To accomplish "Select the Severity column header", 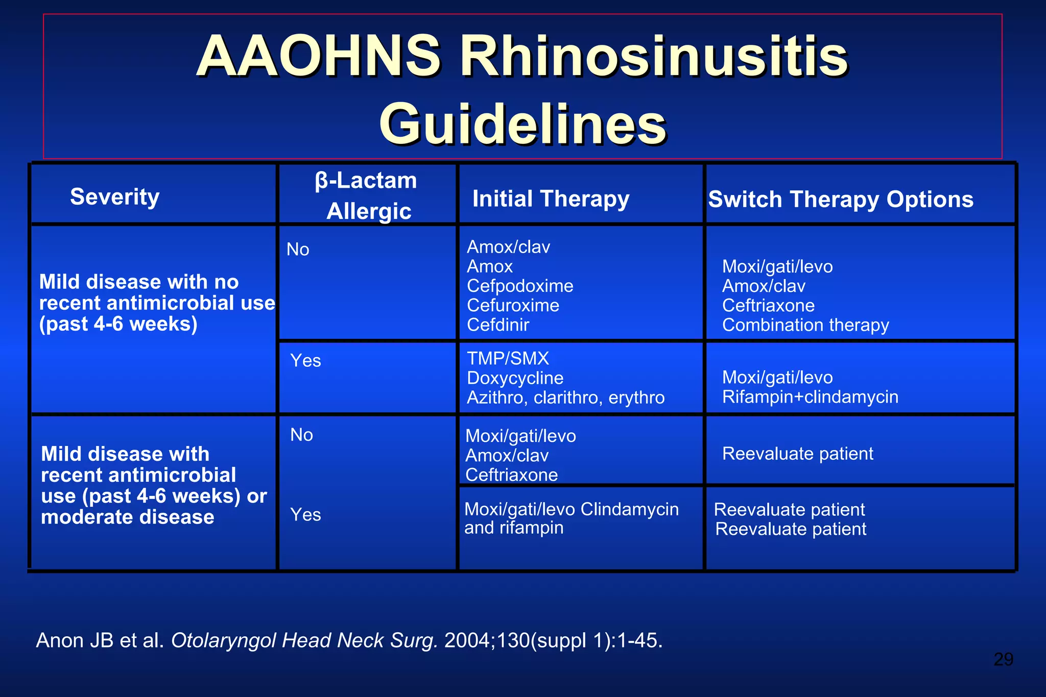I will tap(115, 197).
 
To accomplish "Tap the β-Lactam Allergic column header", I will tap(367, 195).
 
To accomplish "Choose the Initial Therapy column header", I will tap(551, 199).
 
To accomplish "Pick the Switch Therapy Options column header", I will tap(841, 200).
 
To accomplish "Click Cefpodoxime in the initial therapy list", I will tap(520, 286).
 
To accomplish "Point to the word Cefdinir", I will tap(498, 325).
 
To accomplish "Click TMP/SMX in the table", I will tap(508, 358).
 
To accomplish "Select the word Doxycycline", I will tap(515, 378).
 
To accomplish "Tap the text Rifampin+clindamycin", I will tap(810, 397).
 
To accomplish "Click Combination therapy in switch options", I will tap(805, 325).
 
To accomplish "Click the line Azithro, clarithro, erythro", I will tap(565, 397).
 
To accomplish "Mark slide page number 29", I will tap(1003, 659).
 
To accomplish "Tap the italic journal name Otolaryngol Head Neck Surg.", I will tap(304, 640).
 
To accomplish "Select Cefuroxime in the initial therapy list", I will tap(513, 305).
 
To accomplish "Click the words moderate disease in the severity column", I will tap(127, 517).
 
